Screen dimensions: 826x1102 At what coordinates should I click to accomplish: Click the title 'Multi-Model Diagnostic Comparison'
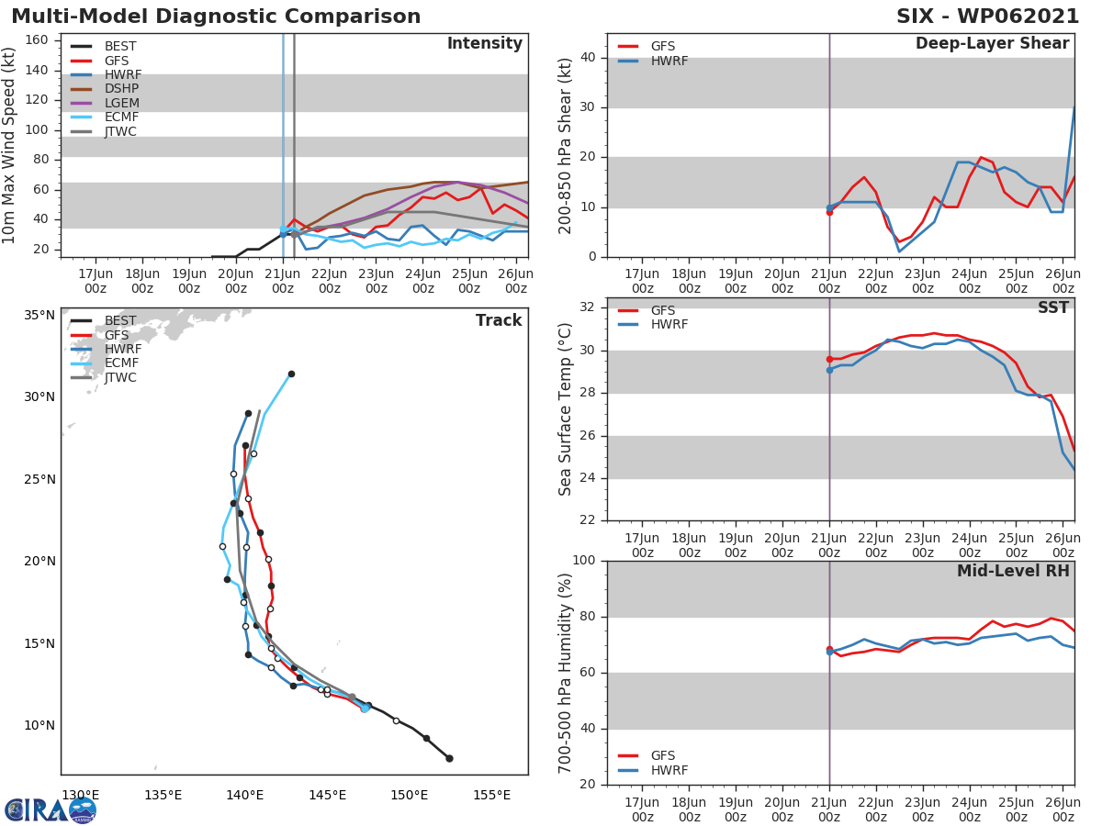click(x=216, y=17)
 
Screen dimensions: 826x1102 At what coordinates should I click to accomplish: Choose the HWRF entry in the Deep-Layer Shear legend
click(x=669, y=61)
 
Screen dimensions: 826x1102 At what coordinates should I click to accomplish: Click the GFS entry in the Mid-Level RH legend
click(x=662, y=755)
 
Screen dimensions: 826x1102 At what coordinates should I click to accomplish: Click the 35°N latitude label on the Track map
click(x=39, y=315)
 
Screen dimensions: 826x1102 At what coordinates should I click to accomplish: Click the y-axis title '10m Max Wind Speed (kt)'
click(x=10, y=145)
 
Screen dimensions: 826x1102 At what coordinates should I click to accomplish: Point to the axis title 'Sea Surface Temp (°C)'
click(x=566, y=409)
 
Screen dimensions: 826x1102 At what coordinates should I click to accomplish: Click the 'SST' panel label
click(x=1053, y=308)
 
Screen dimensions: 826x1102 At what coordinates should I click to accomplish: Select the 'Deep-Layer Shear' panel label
click(x=992, y=44)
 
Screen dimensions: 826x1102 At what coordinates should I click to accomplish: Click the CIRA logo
click(x=51, y=809)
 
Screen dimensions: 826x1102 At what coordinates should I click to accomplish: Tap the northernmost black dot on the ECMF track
click(x=291, y=374)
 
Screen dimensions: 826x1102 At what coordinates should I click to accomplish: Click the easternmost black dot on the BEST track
click(x=449, y=758)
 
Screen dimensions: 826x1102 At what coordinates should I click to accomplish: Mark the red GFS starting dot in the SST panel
click(x=829, y=360)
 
